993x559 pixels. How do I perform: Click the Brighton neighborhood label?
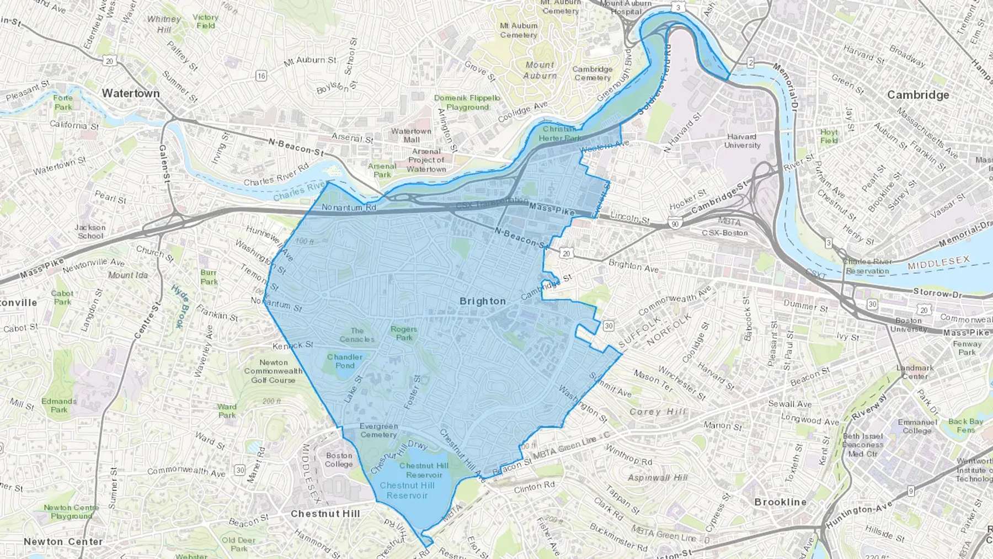(x=482, y=301)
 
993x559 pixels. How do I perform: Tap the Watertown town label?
(x=131, y=93)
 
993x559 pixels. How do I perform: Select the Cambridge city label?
(x=918, y=95)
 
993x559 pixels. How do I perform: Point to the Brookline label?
(x=780, y=502)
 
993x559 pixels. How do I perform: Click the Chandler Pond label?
(x=345, y=361)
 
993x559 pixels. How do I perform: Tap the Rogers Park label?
(x=404, y=333)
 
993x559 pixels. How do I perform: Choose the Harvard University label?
(x=742, y=141)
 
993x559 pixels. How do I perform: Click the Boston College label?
(x=339, y=460)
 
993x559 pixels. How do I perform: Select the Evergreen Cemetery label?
(x=378, y=430)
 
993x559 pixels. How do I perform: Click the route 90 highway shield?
(x=674, y=223)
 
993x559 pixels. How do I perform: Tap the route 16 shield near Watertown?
(x=261, y=76)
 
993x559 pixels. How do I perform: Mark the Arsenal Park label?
(x=382, y=170)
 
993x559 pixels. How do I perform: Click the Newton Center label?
(x=63, y=541)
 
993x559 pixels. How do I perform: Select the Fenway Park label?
(x=967, y=348)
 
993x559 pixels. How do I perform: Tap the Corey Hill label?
(x=658, y=412)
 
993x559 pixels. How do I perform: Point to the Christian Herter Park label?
(x=559, y=134)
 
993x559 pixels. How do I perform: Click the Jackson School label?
(x=90, y=231)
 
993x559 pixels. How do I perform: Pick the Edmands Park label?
(x=59, y=405)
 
